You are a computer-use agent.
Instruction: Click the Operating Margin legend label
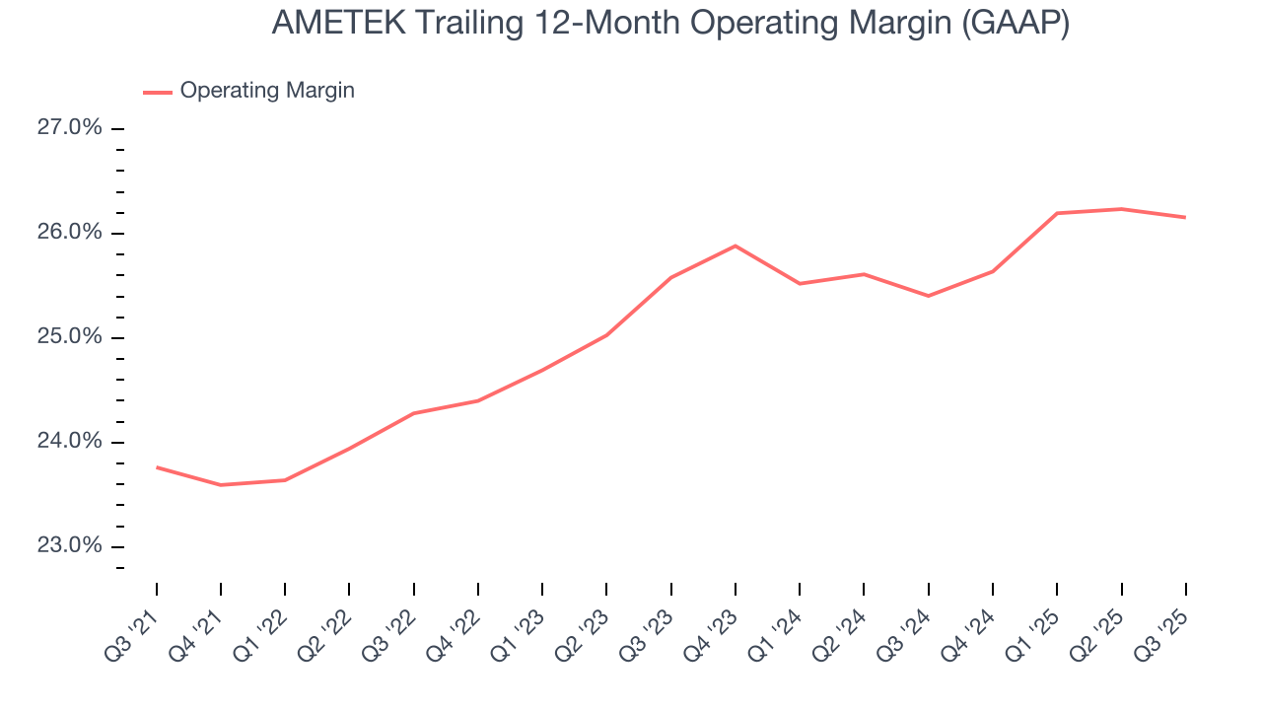(267, 91)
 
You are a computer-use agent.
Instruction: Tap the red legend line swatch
(158, 92)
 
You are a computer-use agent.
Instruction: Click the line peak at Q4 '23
(736, 246)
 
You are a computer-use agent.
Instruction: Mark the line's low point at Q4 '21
(221, 485)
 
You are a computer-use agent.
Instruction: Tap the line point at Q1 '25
(1057, 213)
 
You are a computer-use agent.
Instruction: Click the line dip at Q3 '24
(929, 296)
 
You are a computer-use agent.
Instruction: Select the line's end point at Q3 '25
(1185, 217)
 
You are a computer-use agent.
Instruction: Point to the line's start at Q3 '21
(157, 466)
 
